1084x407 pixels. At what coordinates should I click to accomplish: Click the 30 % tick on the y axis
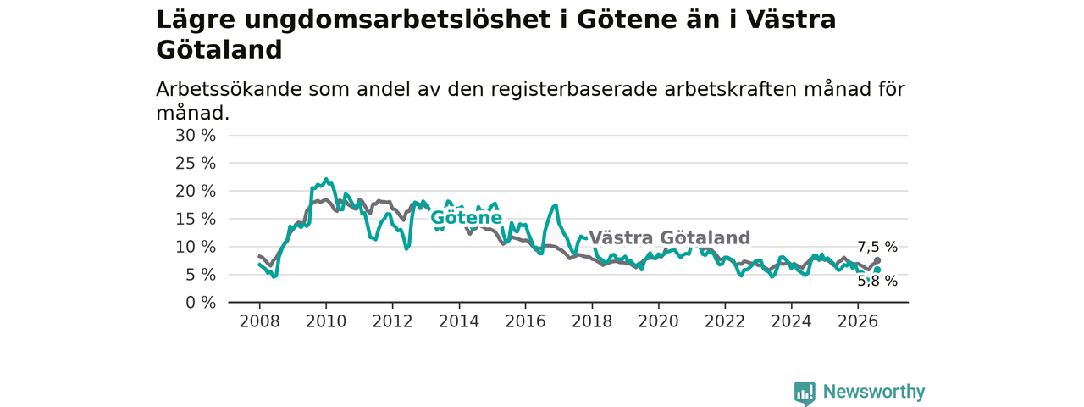pos(196,136)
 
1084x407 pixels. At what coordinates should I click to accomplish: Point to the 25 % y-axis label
pos(196,164)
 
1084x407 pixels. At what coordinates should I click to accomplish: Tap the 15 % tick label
pos(196,219)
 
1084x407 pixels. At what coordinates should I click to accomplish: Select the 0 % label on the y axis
pos(201,303)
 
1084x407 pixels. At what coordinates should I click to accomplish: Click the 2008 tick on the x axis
pos(259,321)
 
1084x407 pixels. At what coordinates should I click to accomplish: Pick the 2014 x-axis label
pos(459,321)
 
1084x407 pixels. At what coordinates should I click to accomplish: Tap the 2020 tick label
pos(658,321)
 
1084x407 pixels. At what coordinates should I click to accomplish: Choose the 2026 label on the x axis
pos(858,321)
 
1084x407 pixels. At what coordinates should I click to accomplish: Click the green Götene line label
pos(466,218)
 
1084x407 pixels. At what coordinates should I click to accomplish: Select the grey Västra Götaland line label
pos(669,237)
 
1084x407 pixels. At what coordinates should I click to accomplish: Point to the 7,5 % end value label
pos(877,247)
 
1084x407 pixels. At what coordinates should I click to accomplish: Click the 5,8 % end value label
pos(877,281)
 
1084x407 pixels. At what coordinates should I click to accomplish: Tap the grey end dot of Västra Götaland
pos(877,260)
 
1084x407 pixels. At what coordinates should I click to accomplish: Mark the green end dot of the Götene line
pos(877,270)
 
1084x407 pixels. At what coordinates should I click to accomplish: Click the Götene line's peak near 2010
pos(326,179)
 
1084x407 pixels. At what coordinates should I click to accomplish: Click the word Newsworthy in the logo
pos(874,391)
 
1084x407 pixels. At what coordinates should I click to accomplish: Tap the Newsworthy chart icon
pos(805,393)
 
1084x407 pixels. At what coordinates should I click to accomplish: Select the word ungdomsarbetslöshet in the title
pos(398,20)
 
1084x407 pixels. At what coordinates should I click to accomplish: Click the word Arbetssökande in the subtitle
pos(229,89)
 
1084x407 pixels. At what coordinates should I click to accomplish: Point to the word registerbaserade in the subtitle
pos(574,90)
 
